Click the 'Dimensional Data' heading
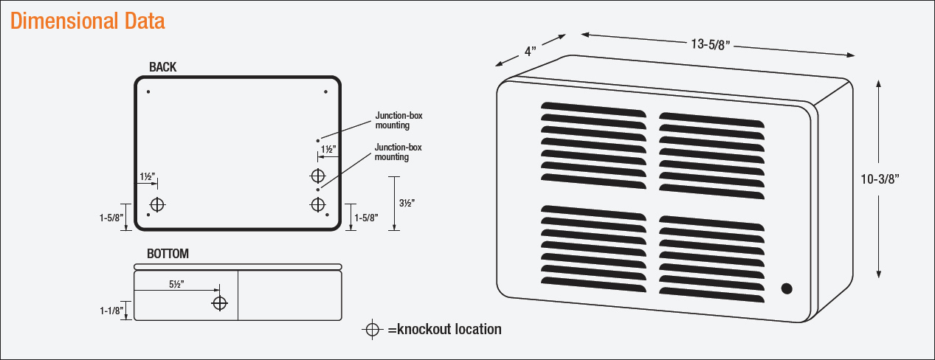pos(88,21)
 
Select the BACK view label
pos(162,67)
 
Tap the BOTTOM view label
pos(168,254)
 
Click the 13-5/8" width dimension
pos(710,44)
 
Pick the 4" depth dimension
pos(531,52)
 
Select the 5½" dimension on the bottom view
pos(176,283)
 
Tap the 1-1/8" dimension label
pos(111,311)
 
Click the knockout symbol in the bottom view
pos(219,303)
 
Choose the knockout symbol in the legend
pos(373,329)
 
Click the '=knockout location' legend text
pos(444,329)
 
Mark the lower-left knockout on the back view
pos(157,204)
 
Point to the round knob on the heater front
pos(787,288)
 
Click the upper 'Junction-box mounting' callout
pos(399,120)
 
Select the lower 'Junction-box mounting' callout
pos(399,152)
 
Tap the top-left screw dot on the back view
pos(148,91)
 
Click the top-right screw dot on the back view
pos(325,91)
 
